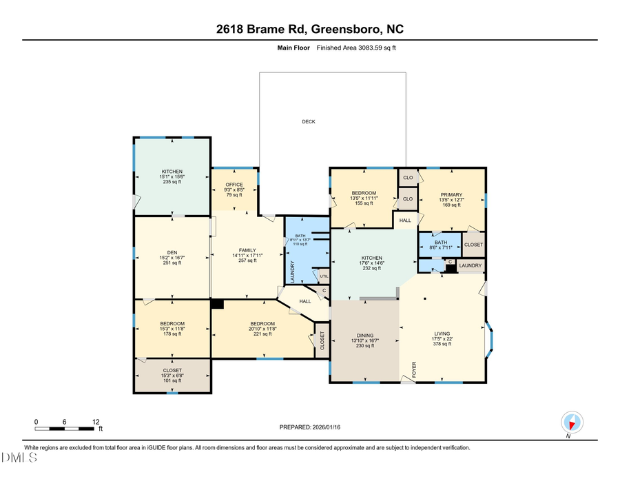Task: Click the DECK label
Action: coord(308,122)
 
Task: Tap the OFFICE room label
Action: coord(235,184)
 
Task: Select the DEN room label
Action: coord(172,252)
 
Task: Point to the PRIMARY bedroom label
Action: coord(451,195)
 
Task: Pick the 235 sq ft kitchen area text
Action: coord(172,182)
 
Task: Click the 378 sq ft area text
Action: coord(441,344)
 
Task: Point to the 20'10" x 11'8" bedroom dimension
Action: coord(262,329)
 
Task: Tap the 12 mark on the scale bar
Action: coord(96,421)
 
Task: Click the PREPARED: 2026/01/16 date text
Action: coord(309,427)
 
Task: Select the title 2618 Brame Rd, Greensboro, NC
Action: coord(309,29)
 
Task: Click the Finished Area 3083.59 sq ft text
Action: coord(355,48)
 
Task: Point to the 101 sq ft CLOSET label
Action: coord(172,380)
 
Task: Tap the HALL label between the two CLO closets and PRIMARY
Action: coord(406,221)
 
